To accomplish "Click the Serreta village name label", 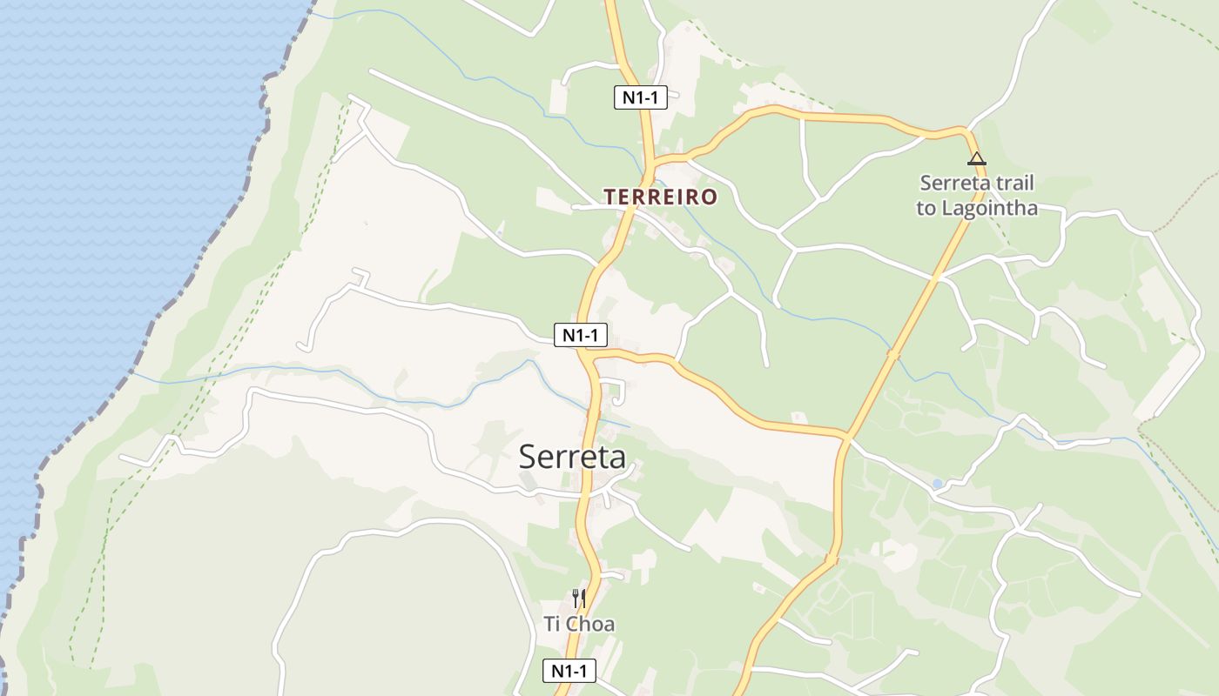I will [572, 456].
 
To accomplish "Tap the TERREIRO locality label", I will [661, 197].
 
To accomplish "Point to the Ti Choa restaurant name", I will [579, 624].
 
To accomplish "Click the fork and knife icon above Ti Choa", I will [578, 599].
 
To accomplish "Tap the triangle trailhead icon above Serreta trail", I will [977, 158].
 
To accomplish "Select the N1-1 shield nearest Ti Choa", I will [569, 671].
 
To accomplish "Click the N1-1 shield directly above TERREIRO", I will [640, 97].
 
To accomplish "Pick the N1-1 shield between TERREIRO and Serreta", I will [581, 335].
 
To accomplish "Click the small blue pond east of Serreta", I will [937, 483].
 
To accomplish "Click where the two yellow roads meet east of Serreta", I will [846, 436].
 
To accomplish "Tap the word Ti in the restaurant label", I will [552, 624].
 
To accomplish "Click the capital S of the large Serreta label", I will [528, 457].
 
